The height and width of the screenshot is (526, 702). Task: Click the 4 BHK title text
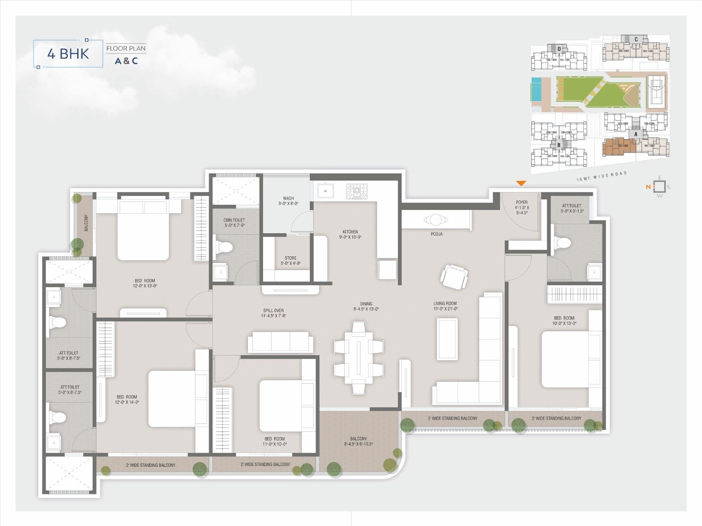(x=68, y=53)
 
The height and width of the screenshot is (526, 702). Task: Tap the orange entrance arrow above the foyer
(x=521, y=184)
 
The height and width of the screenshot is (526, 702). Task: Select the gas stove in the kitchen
(x=356, y=191)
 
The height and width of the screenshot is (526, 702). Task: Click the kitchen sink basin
(x=325, y=191)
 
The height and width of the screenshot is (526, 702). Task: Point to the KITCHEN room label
(x=350, y=232)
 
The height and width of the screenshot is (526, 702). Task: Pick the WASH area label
(x=288, y=199)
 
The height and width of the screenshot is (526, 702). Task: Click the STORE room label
(x=290, y=258)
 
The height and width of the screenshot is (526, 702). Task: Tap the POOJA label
(x=436, y=234)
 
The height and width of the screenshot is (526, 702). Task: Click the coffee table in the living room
(x=447, y=339)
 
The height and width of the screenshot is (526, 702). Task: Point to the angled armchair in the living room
(x=455, y=277)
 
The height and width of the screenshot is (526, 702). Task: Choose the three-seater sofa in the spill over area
(x=280, y=342)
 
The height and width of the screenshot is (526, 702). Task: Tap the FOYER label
(x=522, y=202)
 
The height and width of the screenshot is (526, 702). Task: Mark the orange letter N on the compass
(x=648, y=187)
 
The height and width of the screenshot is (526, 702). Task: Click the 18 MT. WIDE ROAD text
(x=601, y=176)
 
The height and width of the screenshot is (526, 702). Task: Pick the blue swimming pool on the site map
(x=537, y=89)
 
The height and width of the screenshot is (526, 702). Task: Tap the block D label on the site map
(x=559, y=49)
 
